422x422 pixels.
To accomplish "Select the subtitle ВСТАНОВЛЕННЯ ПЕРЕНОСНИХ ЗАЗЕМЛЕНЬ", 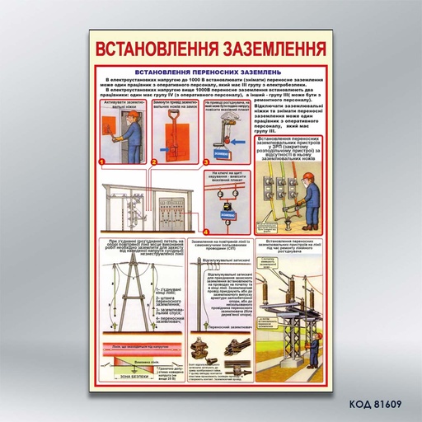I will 210,73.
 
